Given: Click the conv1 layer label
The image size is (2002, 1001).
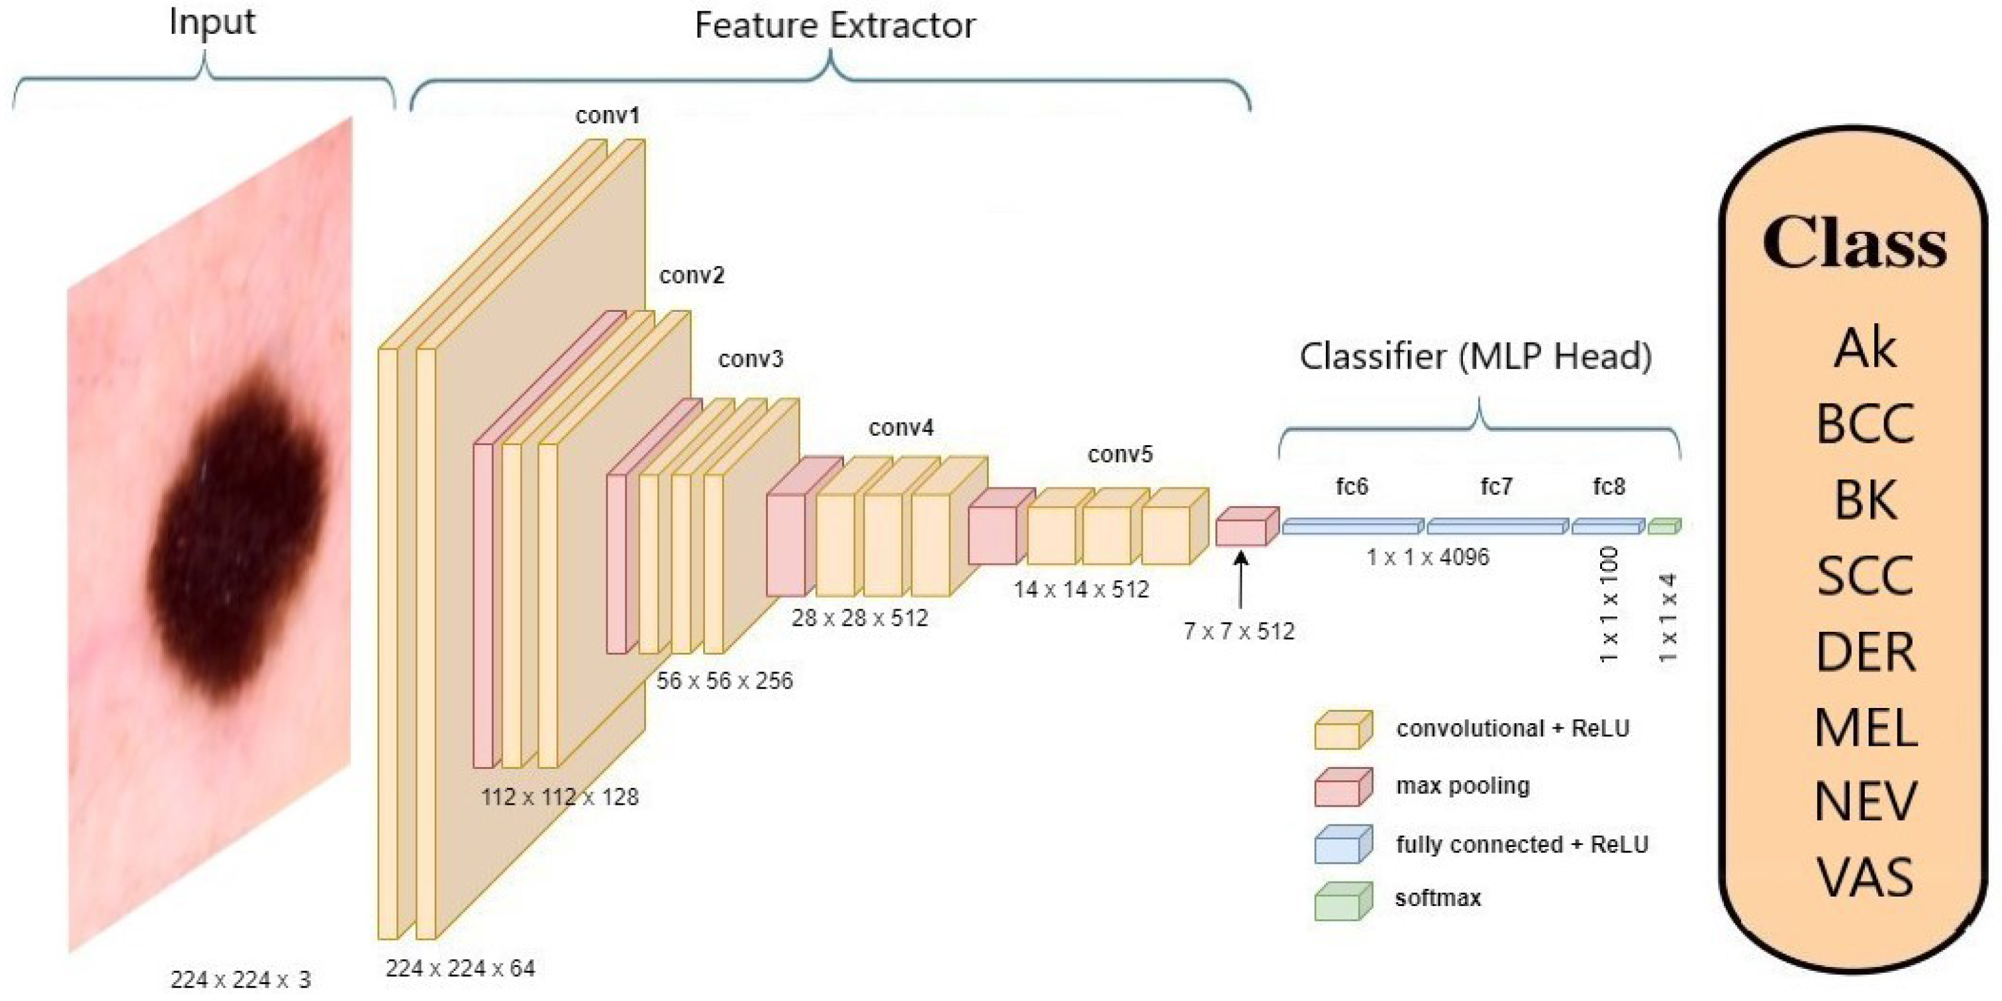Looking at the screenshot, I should [x=608, y=116].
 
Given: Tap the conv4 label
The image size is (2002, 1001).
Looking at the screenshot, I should [x=901, y=428].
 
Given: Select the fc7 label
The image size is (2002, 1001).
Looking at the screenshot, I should [x=1496, y=487].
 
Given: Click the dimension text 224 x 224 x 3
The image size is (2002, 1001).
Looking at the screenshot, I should [x=240, y=979].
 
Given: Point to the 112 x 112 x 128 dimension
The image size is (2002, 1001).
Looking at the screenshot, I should [x=560, y=797].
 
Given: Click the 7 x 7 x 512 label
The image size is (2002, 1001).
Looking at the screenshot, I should [x=1239, y=631].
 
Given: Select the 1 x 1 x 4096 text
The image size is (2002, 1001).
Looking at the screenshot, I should [x=1428, y=557].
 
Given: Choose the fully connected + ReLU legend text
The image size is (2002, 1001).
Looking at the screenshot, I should [x=1521, y=844].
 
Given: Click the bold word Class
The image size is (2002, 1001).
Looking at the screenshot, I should [x=1854, y=243].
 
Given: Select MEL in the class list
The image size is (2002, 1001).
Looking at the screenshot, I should [x=1866, y=728].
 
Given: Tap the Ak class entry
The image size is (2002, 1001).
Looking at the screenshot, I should [x=1866, y=349].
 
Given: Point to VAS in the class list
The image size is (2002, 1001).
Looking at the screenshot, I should [x=1866, y=878].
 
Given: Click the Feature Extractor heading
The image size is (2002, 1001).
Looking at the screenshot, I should [x=835, y=25].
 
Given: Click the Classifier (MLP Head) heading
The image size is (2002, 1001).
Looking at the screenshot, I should [x=1476, y=357].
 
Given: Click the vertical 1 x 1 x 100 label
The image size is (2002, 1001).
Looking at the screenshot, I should [x=1610, y=605].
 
